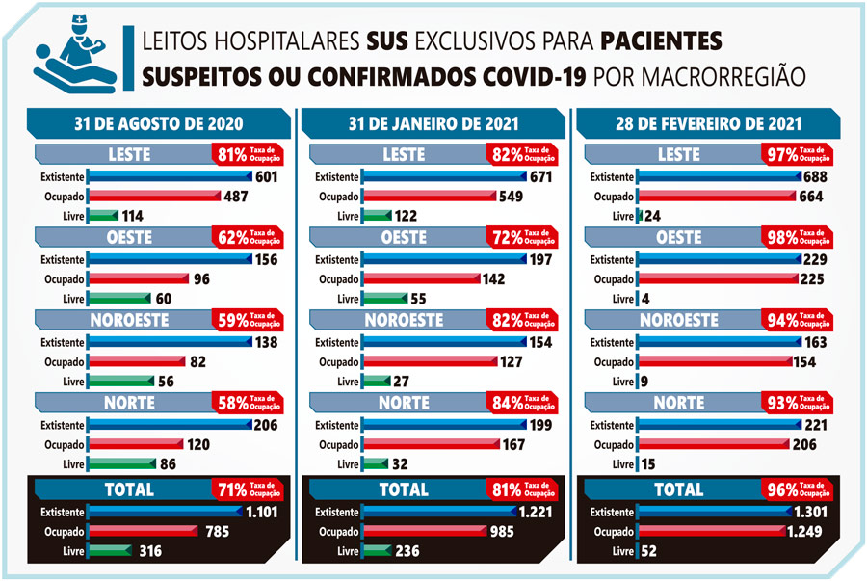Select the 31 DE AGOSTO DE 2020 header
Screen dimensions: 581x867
click(x=159, y=123)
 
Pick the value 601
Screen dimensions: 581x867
click(x=268, y=176)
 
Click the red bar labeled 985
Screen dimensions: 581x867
click(x=424, y=532)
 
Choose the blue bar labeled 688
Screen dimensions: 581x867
click(x=719, y=176)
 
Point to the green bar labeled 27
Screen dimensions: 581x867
click(x=375, y=383)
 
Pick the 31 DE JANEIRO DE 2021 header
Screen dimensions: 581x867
click(x=433, y=123)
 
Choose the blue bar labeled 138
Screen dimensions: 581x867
click(x=169, y=342)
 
